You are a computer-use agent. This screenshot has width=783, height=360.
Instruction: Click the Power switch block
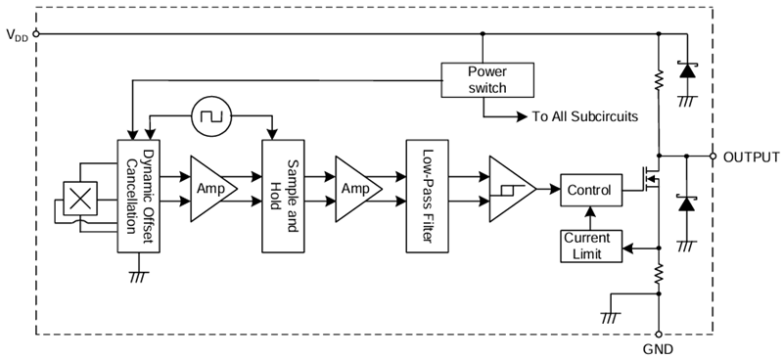(x=487, y=79)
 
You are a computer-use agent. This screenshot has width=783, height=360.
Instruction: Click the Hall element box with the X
(x=81, y=199)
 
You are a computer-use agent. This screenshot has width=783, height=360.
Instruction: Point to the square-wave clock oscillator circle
(x=209, y=116)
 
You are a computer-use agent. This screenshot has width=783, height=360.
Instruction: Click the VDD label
(x=17, y=35)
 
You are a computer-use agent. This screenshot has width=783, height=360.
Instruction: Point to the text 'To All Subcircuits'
(x=584, y=116)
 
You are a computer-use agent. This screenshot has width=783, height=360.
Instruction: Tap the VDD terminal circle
(x=36, y=34)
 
